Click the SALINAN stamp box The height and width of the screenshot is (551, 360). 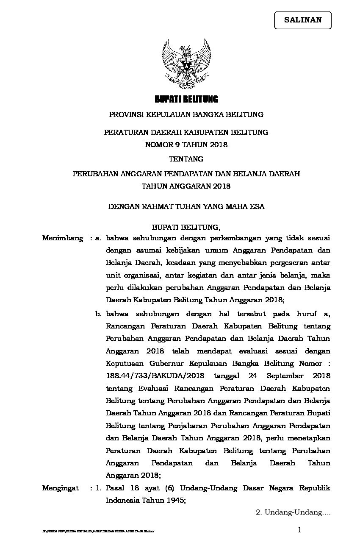click(x=302, y=20)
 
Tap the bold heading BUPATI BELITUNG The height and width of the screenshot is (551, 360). click(x=186, y=100)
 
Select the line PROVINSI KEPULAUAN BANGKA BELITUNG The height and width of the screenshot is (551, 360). click(x=186, y=114)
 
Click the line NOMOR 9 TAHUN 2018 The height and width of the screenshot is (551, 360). click(x=186, y=145)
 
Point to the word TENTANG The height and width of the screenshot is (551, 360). click(x=186, y=159)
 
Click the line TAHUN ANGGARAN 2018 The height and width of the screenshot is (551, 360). click(x=186, y=186)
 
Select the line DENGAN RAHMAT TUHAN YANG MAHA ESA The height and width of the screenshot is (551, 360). click(x=186, y=207)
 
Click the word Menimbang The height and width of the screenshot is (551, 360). click(x=63, y=238)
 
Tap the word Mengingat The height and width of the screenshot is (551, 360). click(x=61, y=488)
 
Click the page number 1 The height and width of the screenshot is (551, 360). click(x=300, y=530)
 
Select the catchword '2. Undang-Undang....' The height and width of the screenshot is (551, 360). click(x=293, y=512)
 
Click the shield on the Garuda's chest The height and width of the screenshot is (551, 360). click(x=186, y=64)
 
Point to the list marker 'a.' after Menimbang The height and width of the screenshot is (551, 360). click(x=99, y=238)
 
